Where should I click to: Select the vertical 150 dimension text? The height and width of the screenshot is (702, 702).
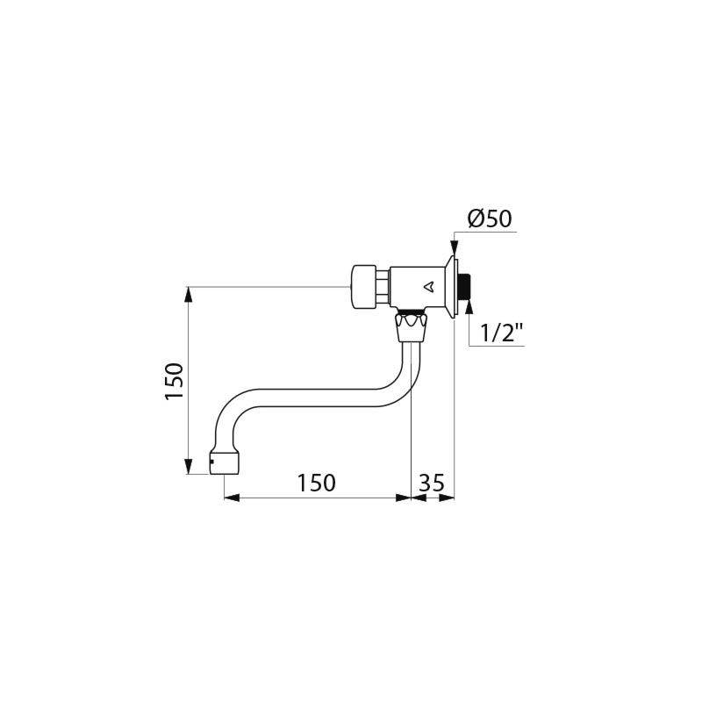[175, 381]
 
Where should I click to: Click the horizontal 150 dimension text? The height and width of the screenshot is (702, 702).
[315, 483]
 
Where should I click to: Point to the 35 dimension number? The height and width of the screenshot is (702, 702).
[433, 483]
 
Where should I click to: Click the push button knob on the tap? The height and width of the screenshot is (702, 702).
[362, 285]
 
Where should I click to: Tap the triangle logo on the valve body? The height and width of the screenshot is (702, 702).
[428, 285]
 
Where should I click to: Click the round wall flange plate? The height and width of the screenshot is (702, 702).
[454, 286]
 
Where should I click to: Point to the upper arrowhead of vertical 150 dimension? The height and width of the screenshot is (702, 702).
[189, 291]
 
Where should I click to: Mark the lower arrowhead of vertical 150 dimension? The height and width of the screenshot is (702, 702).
[189, 469]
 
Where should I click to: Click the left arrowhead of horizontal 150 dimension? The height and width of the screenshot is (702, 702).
[232, 498]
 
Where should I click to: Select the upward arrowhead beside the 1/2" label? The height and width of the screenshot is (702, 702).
[469, 306]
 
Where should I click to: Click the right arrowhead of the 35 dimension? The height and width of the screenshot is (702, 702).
[451, 498]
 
